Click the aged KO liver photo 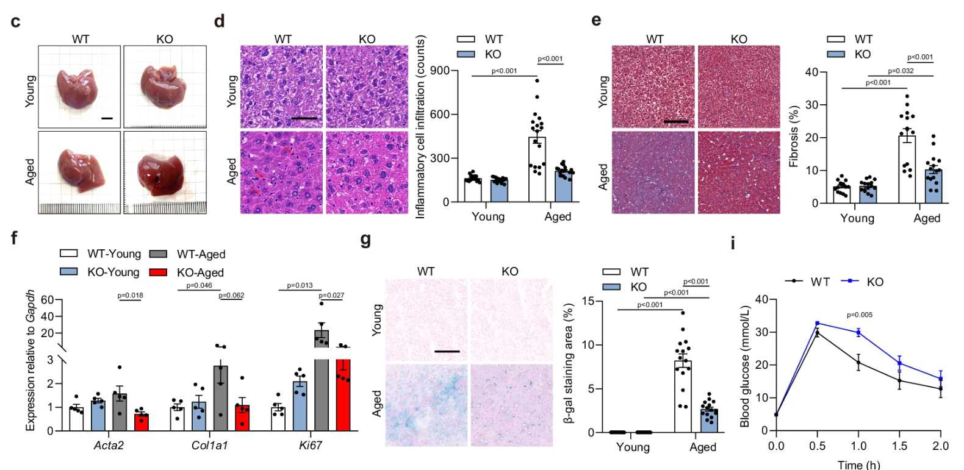click(x=165, y=173)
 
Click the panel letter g click(x=365, y=239)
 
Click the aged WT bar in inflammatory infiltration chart click(x=537, y=169)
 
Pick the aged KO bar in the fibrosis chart click(x=933, y=186)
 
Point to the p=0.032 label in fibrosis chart click(x=900, y=71)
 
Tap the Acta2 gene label click(x=109, y=446)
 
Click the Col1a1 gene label click(x=209, y=446)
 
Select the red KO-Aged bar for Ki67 click(x=344, y=395)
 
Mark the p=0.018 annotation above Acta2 click(x=130, y=296)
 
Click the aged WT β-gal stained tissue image click(x=426, y=405)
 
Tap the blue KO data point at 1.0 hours click(x=858, y=332)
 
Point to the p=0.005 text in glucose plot click(x=859, y=315)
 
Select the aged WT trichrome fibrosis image click(x=653, y=173)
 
